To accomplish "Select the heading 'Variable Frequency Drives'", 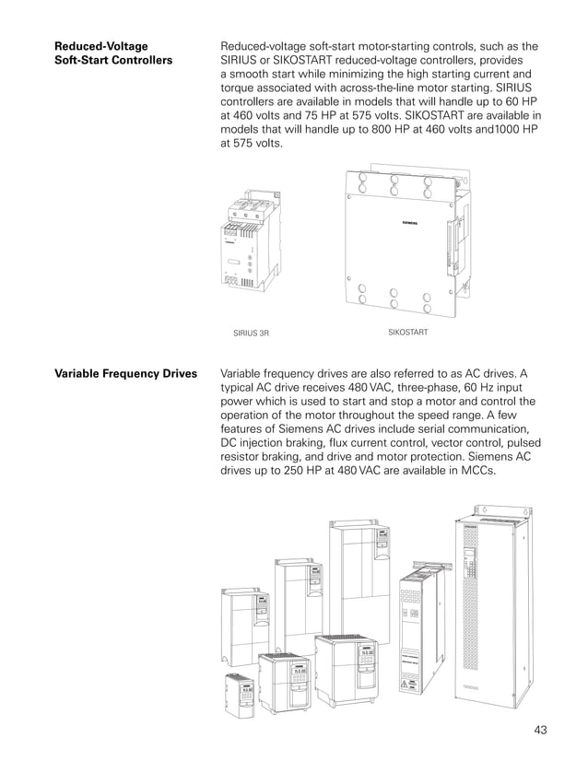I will click(125, 375).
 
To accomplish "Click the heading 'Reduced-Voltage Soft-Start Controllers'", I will click(113, 53).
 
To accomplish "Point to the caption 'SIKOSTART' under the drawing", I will click(408, 330).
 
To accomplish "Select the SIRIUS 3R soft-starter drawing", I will click(250, 249).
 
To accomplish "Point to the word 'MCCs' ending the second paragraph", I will click(475, 471).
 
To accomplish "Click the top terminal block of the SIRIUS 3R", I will click(250, 206).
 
